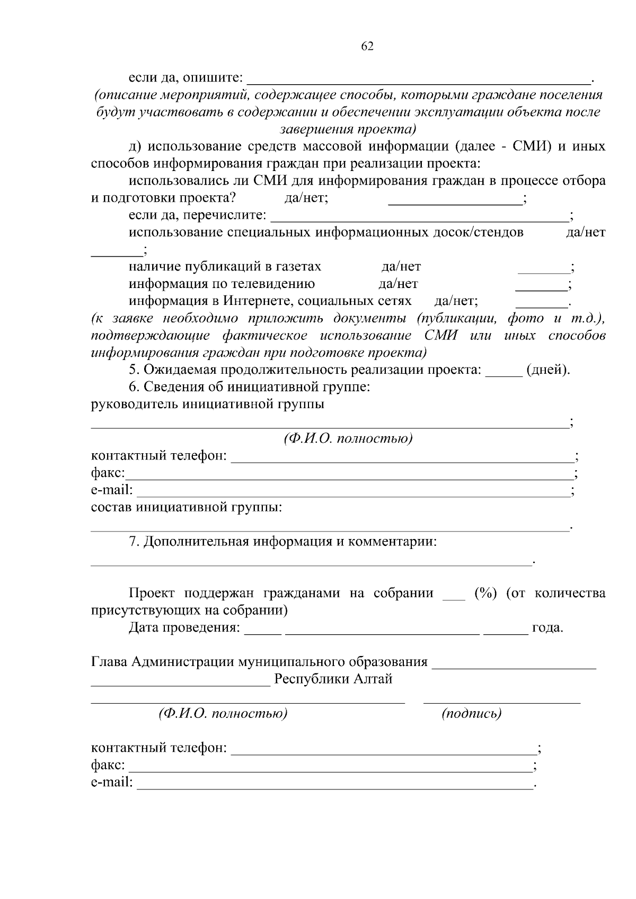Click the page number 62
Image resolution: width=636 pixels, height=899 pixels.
(x=367, y=47)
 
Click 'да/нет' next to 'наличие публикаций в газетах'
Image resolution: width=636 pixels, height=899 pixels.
(x=401, y=267)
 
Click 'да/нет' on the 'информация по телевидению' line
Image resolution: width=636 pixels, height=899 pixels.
(x=398, y=284)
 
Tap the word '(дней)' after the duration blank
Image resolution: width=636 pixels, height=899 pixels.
(x=547, y=370)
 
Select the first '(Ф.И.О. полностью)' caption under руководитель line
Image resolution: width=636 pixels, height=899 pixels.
(x=348, y=439)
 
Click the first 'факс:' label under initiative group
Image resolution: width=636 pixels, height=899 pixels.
(x=108, y=473)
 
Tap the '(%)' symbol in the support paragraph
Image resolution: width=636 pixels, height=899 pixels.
(x=485, y=593)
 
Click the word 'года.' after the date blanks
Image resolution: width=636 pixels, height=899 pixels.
(x=547, y=628)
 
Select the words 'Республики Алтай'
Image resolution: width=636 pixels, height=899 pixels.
(x=333, y=679)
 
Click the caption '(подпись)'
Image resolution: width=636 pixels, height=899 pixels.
(x=471, y=714)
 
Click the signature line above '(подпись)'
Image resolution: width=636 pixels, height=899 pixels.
(x=501, y=702)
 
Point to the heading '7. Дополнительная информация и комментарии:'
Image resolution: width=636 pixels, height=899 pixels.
(x=283, y=542)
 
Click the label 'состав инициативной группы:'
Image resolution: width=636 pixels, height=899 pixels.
(x=187, y=507)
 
